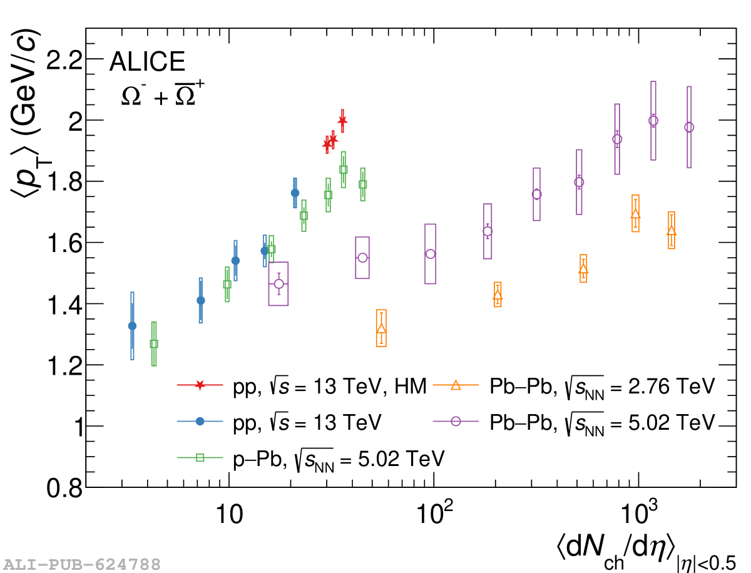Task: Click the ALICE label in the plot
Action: pos(147,63)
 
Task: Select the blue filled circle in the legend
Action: pos(200,422)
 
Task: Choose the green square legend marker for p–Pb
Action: pos(200,457)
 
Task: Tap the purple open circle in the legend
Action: pos(456,421)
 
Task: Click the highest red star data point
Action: pos(342,120)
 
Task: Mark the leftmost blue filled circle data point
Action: pos(132,326)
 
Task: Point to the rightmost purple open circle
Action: pos(689,127)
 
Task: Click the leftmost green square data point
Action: pos(154,343)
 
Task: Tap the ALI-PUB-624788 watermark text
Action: pos(81,564)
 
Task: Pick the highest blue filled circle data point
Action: pos(295,193)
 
